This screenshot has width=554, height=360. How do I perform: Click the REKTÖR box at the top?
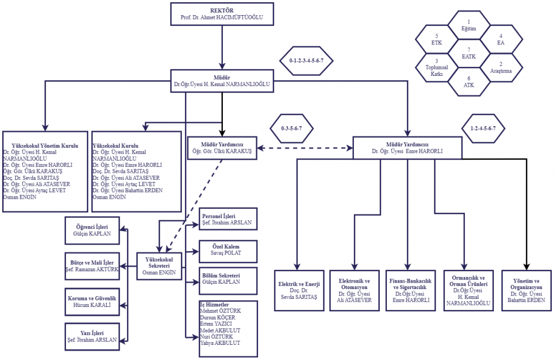point(222,14)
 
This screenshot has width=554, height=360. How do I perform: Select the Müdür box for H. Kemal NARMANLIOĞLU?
point(222,81)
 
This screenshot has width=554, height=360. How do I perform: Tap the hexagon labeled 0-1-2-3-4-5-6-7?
point(306,61)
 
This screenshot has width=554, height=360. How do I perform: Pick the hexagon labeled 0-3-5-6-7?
point(292,128)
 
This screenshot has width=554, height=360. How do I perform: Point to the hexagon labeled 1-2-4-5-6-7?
point(483,128)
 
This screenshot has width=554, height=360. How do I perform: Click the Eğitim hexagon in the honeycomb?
point(469,25)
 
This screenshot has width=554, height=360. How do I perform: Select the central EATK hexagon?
point(469,54)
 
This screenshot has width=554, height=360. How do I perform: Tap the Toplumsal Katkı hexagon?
point(437,68)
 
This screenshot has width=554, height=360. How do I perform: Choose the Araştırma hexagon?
point(501,68)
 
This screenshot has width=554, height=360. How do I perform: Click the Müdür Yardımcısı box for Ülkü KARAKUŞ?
point(222,148)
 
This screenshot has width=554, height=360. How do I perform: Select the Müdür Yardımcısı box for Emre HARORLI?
point(407,148)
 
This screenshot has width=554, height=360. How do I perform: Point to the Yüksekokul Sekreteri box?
point(159,266)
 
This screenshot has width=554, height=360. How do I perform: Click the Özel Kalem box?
point(228,251)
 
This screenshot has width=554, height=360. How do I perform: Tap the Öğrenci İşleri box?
point(92,231)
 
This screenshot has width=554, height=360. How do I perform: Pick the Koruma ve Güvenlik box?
point(92,302)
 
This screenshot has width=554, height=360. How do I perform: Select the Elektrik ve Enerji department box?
point(299,291)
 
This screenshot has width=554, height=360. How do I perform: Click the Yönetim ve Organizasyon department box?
point(526,291)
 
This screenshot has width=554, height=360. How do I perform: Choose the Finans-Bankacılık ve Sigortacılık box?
point(411,291)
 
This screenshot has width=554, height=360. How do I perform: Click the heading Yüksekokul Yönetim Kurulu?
point(45,146)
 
